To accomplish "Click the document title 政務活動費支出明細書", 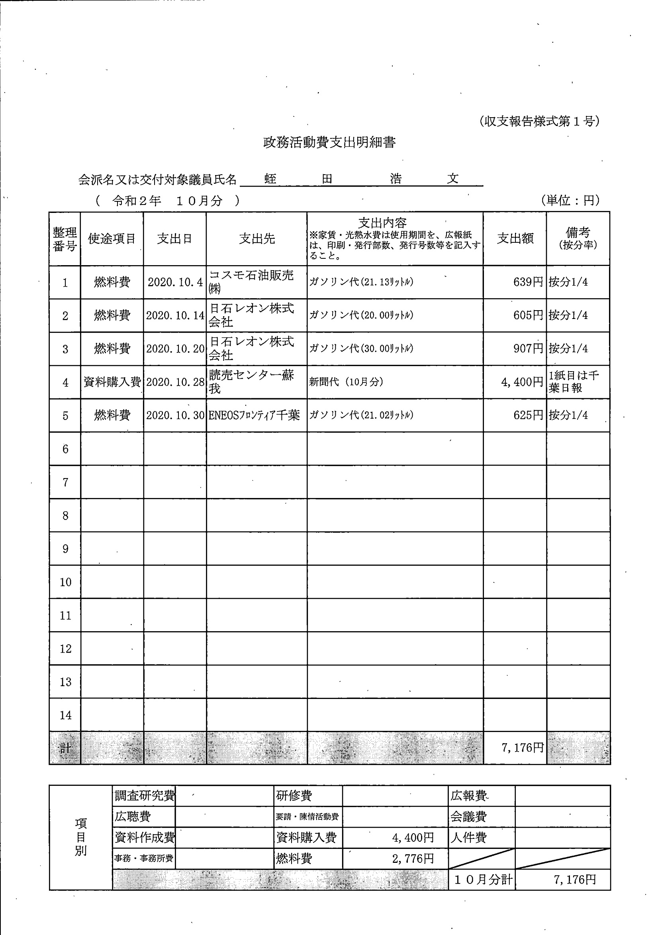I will click(x=329, y=142).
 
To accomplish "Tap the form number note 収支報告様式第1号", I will click(x=539, y=121).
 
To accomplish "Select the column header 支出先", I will click(x=257, y=239).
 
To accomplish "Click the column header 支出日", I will click(x=174, y=239).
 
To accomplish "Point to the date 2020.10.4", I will click(x=175, y=282).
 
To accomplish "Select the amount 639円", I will click(x=528, y=282).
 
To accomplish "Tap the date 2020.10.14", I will click(x=175, y=316).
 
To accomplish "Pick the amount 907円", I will click(x=528, y=348).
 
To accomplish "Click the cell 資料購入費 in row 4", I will click(x=112, y=382).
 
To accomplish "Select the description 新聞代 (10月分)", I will click(x=346, y=382).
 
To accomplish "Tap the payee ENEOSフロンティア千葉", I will click(x=255, y=415).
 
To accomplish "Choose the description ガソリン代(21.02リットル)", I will click(x=361, y=415).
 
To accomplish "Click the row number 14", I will click(x=65, y=715).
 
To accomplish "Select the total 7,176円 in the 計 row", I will click(x=523, y=748).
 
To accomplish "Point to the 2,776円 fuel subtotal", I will click(x=413, y=859).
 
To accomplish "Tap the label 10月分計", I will click(x=483, y=880).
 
